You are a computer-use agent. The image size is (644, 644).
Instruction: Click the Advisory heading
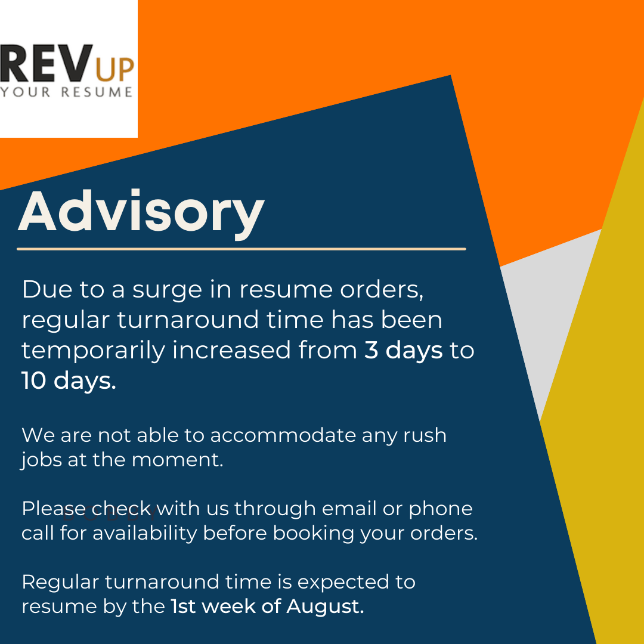point(141,213)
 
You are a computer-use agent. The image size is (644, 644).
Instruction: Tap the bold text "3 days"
point(403,351)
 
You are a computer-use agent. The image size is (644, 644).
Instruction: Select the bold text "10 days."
point(69,381)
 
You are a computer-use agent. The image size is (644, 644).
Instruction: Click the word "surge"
point(159,290)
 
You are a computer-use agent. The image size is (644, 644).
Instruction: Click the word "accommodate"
point(283,435)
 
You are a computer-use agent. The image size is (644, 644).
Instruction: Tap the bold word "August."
point(325,606)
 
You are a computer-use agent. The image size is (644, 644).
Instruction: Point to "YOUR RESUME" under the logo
point(66,92)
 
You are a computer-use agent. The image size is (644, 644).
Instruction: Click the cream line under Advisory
point(241,249)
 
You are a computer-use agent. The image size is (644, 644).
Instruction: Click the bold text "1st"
point(184,606)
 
